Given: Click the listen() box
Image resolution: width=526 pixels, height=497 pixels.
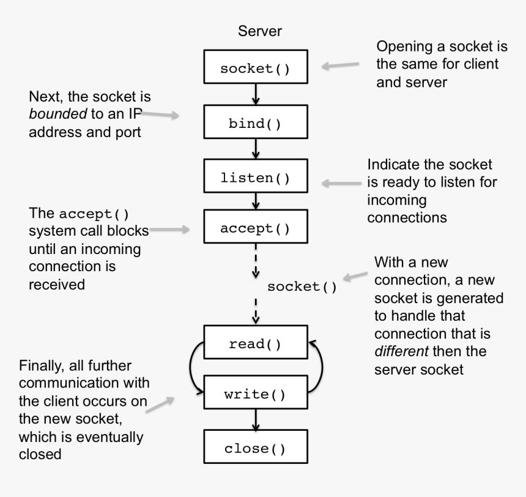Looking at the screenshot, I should click(x=255, y=178).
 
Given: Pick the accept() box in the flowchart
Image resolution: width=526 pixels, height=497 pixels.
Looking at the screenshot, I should click(x=255, y=228).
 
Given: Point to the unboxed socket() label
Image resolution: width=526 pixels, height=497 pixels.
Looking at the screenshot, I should click(x=302, y=286).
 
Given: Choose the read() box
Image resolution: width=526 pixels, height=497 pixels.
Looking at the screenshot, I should click(x=255, y=343).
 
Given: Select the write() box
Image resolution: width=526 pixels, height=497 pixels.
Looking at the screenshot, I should click(x=255, y=394).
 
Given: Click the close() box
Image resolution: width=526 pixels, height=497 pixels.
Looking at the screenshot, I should click(x=255, y=448).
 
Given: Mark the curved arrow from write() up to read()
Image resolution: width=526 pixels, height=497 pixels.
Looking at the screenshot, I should click(x=317, y=367).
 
